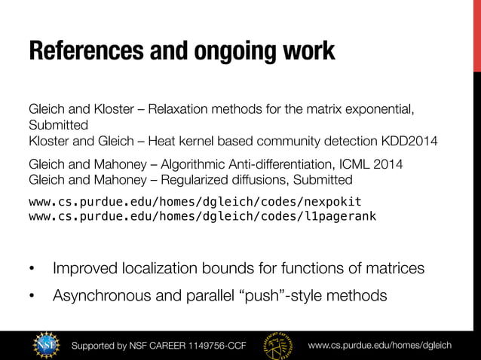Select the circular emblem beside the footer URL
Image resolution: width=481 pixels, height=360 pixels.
point(280,344)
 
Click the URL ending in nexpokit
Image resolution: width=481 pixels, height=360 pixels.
point(195,201)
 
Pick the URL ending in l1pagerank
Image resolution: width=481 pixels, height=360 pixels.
point(201,216)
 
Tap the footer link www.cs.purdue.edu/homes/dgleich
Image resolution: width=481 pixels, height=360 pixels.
point(380,345)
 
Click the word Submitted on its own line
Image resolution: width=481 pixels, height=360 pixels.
point(58,125)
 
